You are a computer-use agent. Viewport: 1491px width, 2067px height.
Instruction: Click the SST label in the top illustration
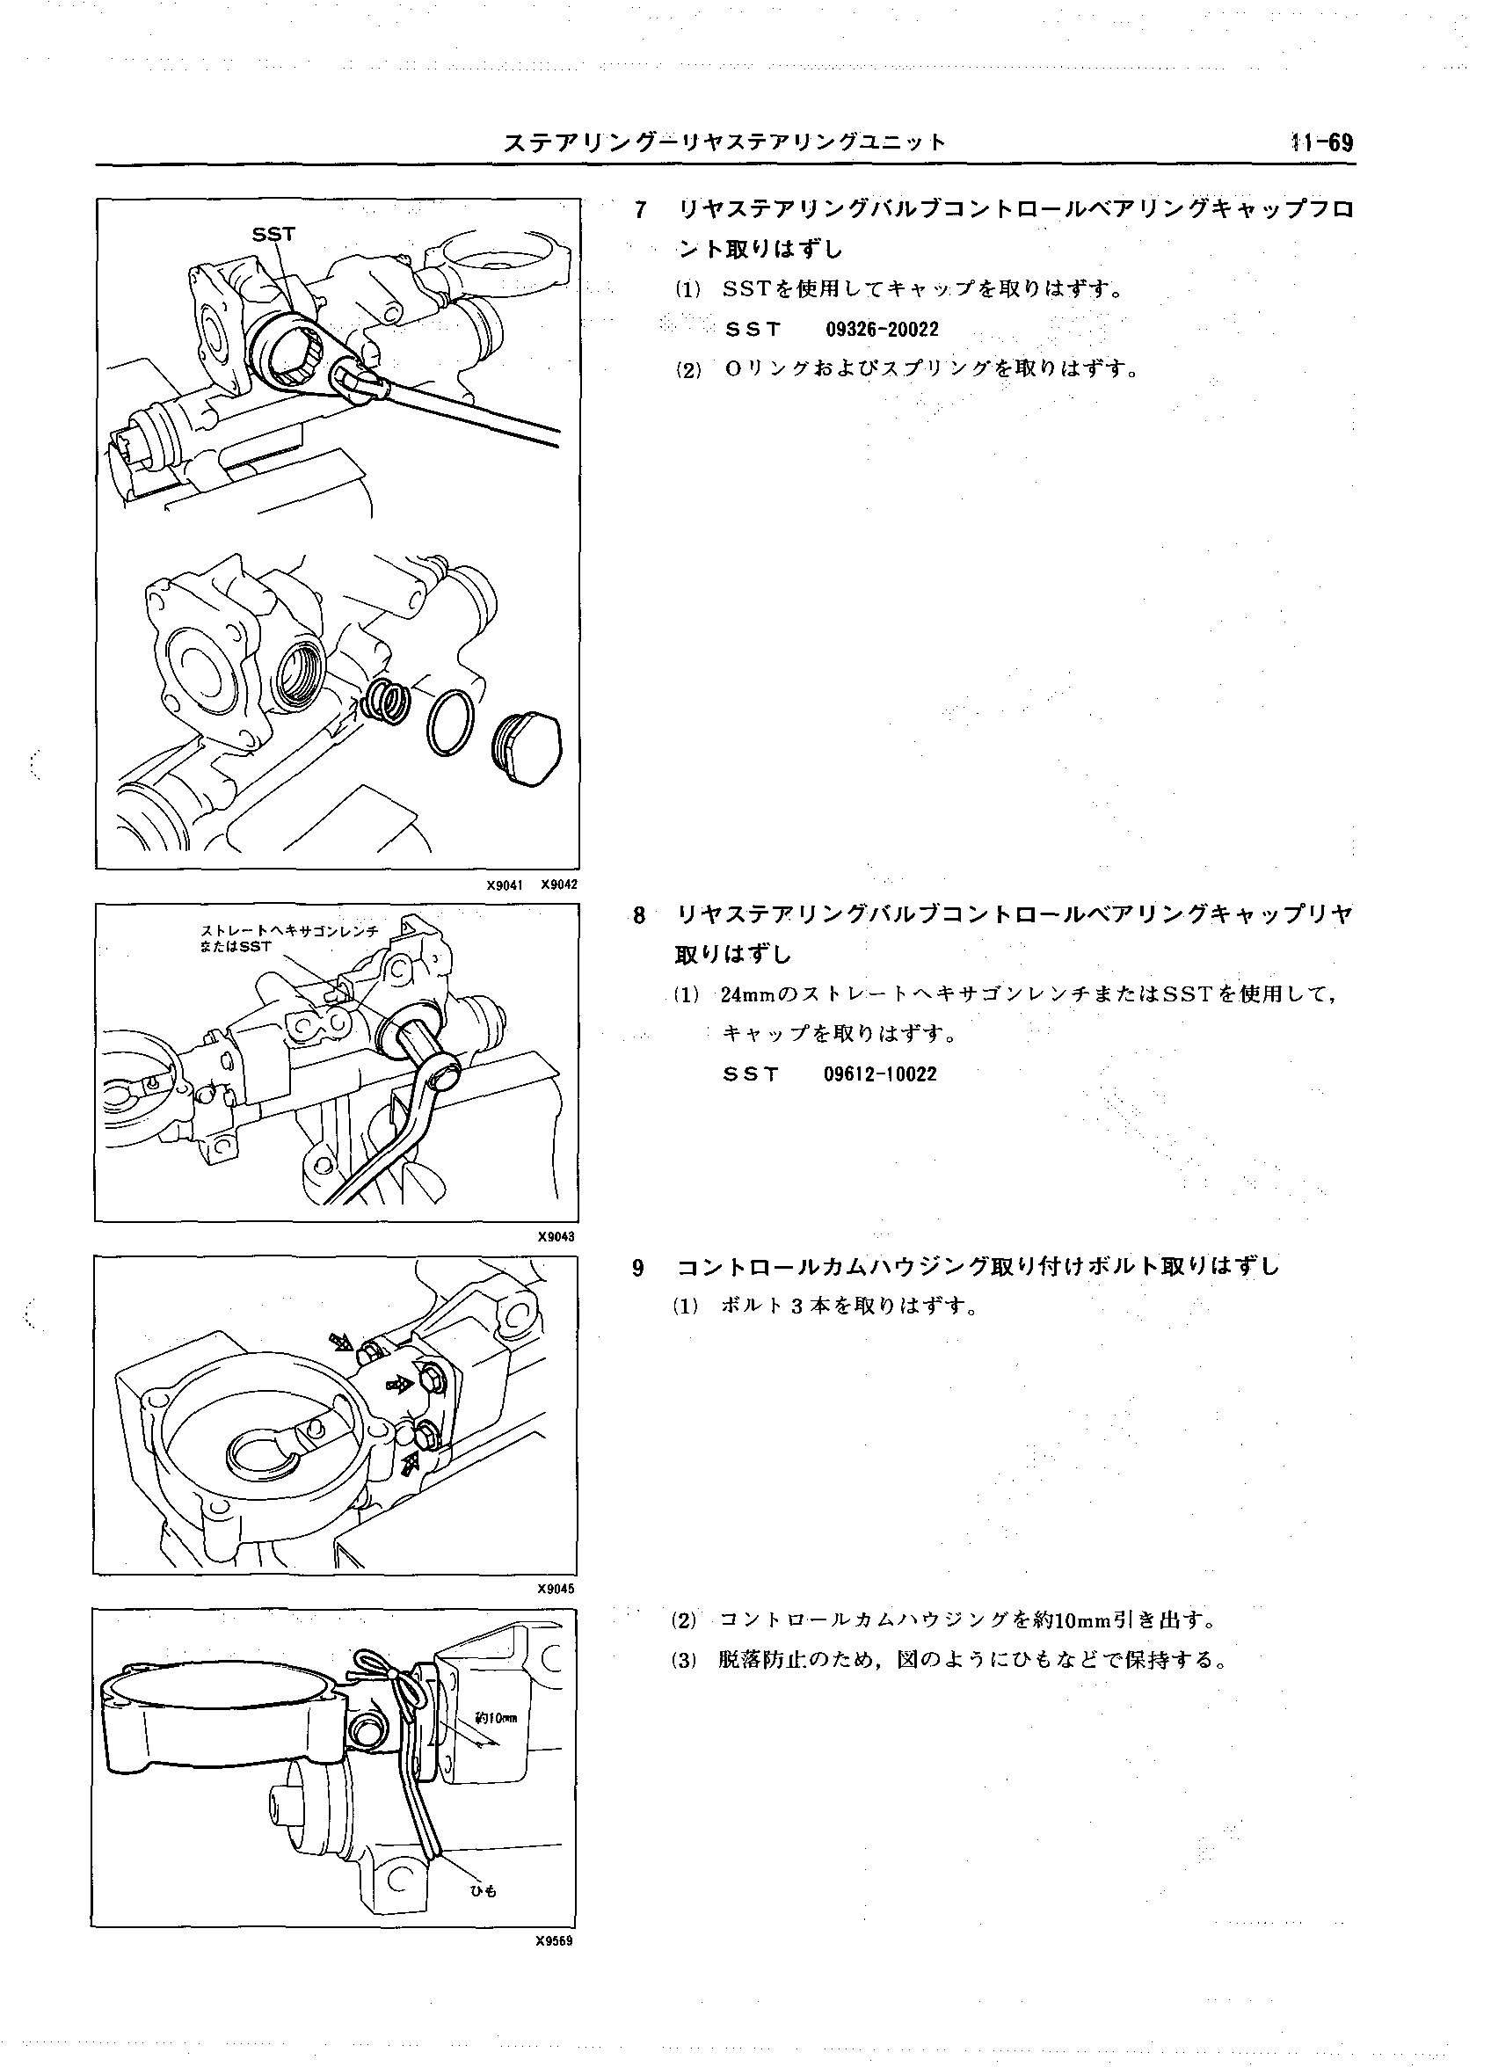tap(273, 234)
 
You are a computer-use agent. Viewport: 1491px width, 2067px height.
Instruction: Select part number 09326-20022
tap(881, 329)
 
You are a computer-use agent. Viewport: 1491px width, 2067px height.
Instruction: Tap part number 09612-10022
tap(879, 1074)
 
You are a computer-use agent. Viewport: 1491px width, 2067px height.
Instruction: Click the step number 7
tap(641, 210)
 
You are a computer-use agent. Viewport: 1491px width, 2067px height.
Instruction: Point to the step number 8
tap(640, 915)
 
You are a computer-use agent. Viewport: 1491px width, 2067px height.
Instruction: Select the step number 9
tap(639, 1267)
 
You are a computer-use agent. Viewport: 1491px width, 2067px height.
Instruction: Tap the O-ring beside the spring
tap(450, 722)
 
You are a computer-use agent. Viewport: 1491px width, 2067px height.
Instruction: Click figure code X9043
tap(556, 1237)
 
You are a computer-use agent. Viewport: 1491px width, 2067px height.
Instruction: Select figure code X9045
tap(556, 1589)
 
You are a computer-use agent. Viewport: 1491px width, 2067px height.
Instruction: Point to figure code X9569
tap(554, 1940)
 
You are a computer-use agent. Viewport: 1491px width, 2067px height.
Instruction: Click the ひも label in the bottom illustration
tap(483, 1891)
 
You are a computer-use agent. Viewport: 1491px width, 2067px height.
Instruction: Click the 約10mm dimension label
tap(496, 1719)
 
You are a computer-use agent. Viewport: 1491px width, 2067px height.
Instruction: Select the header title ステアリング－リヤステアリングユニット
tap(725, 143)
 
